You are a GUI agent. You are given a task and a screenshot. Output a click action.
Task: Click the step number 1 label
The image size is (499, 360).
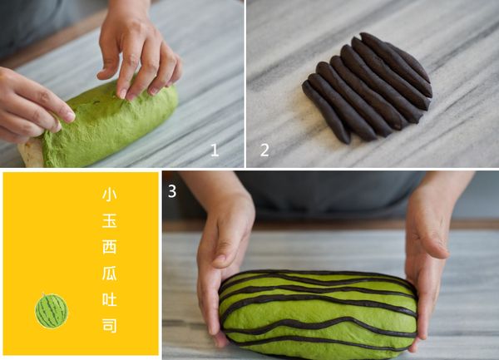214,150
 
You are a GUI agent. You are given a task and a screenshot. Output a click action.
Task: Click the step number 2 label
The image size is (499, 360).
264,150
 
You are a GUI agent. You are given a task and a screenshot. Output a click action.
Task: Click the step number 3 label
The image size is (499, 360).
171,192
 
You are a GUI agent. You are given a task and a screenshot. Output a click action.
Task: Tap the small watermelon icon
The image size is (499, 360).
51,311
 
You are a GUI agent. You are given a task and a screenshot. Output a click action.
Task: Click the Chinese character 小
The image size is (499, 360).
109,194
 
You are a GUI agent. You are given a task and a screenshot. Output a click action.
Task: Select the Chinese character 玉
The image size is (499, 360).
109,219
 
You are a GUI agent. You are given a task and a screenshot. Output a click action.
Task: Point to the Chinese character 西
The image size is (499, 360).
109,246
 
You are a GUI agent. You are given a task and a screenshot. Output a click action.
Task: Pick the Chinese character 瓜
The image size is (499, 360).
109,272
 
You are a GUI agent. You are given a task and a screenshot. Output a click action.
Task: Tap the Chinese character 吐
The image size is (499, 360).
109,298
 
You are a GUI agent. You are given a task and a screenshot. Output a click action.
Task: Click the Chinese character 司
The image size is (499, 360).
109,323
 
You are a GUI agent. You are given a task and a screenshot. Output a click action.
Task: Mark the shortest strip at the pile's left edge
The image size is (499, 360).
325,113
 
